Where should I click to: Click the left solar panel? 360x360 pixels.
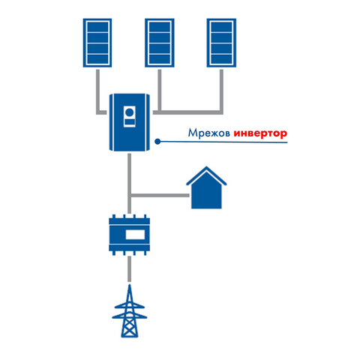pyautogui.click(x=97, y=43)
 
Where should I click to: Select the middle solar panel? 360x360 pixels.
pyautogui.click(x=160, y=43)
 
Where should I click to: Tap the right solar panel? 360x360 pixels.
pyautogui.click(x=221, y=43)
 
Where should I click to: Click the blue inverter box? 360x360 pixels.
pyautogui.click(x=130, y=122)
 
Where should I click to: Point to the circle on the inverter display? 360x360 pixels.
pyautogui.click(x=130, y=112)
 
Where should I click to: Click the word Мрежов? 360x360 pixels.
pyautogui.click(x=209, y=133)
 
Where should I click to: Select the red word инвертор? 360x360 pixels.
pyautogui.click(x=260, y=133)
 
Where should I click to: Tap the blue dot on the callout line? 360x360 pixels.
pyautogui.click(x=157, y=142)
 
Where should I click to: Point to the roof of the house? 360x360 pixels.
pyautogui.click(x=206, y=175)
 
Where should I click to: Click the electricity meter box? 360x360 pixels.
pyautogui.click(x=130, y=235)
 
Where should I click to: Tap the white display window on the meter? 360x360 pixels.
pyautogui.click(x=135, y=235)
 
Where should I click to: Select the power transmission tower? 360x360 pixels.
pyautogui.click(x=130, y=311)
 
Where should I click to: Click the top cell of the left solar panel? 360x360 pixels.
pyautogui.click(x=97, y=27)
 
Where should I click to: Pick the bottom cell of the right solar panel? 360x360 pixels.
pyautogui.click(x=221, y=59)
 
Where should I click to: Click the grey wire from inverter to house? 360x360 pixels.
pyautogui.click(x=160, y=195)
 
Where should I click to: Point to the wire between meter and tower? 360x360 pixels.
pyautogui.click(x=129, y=268)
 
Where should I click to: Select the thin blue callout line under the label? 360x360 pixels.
pyautogui.click(x=223, y=142)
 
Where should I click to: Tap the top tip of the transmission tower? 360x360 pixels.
pyautogui.click(x=130, y=284)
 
